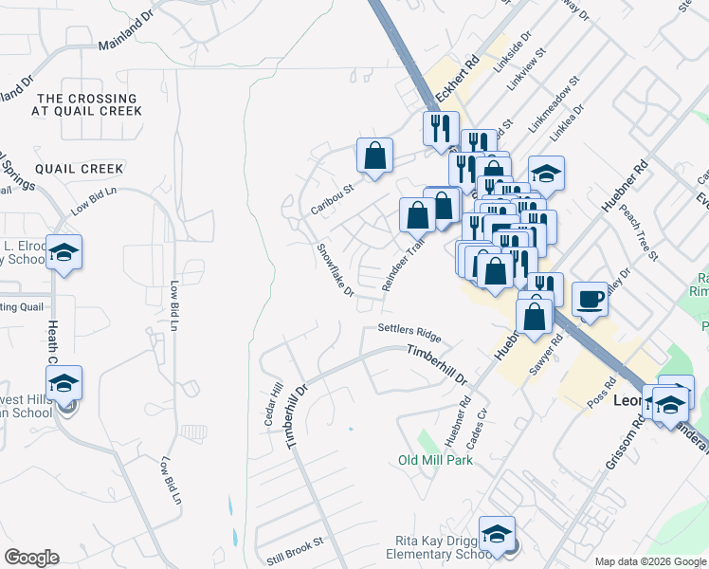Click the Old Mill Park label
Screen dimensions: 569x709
click(435, 460)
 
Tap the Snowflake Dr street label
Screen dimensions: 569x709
click(336, 269)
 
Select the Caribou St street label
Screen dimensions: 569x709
click(332, 198)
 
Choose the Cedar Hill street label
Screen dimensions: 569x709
click(278, 403)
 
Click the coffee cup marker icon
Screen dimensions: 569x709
click(590, 300)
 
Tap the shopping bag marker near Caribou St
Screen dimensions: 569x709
click(374, 155)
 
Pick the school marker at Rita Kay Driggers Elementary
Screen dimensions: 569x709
click(497, 534)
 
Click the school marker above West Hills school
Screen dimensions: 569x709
click(64, 383)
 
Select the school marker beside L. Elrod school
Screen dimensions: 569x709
click(64, 252)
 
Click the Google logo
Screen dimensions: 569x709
click(31, 558)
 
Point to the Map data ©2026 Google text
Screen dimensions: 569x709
click(651, 561)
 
